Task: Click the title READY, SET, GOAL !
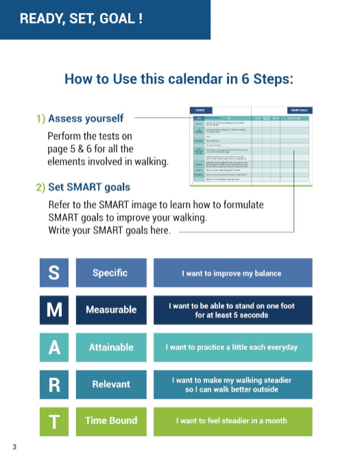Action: pyautogui.click(x=81, y=19)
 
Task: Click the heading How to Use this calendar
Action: pyautogui.click(x=179, y=78)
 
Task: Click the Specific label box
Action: pyautogui.click(x=110, y=272)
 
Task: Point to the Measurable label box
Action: pyautogui.click(x=110, y=309)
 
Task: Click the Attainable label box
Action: pyautogui.click(x=110, y=346)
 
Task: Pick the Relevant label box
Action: pyautogui.click(x=110, y=383)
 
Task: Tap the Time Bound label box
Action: pyautogui.click(x=110, y=421)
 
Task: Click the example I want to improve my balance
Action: pyautogui.click(x=232, y=272)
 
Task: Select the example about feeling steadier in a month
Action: pyautogui.click(x=232, y=421)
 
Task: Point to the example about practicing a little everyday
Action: pyautogui.click(x=232, y=346)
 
